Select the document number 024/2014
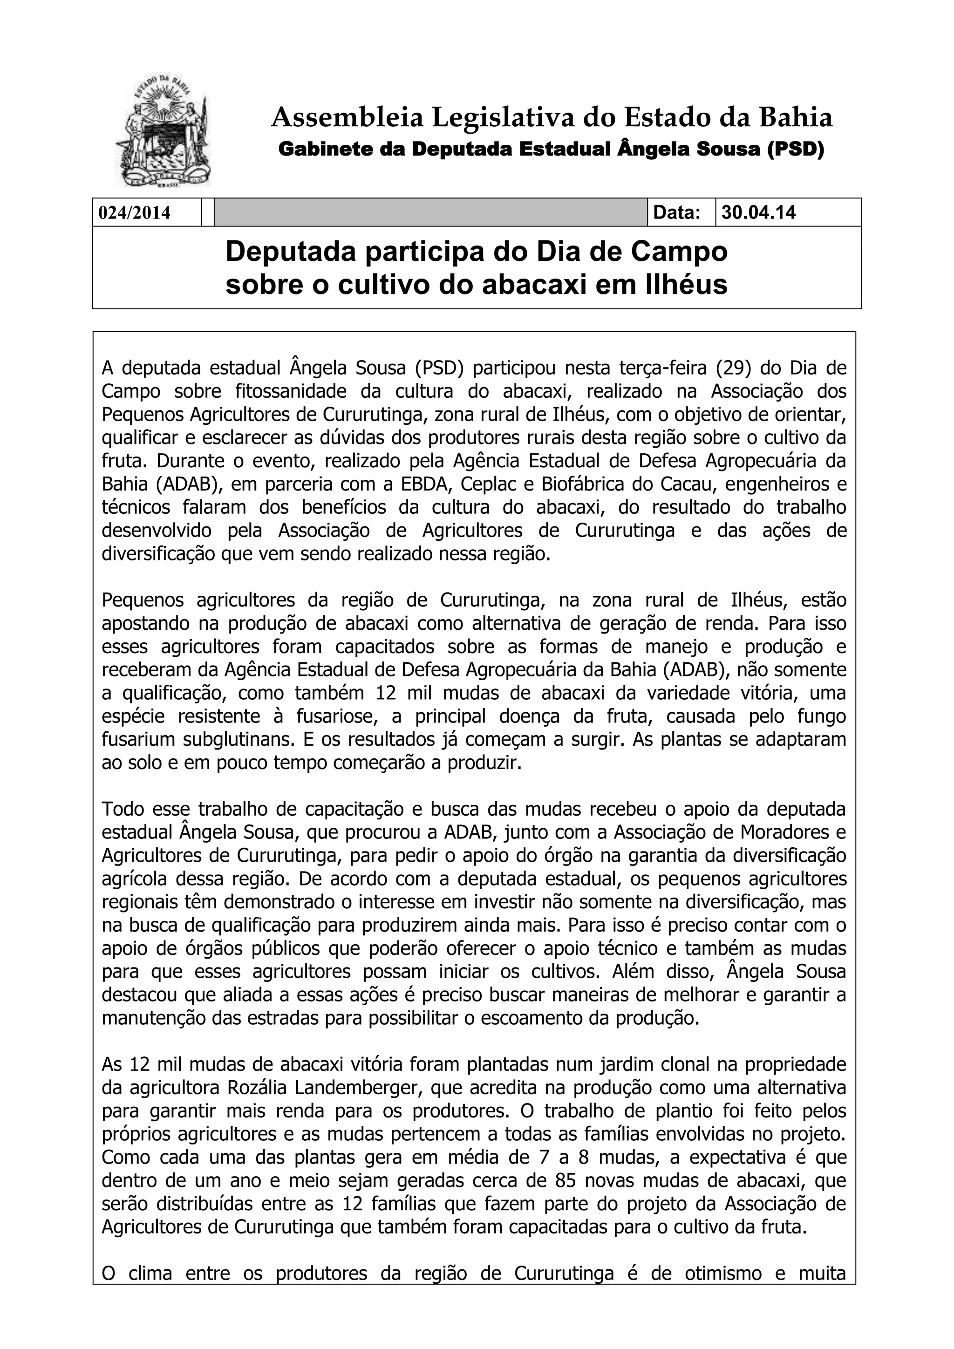click(x=134, y=213)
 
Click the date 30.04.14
click(x=758, y=212)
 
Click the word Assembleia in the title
click(x=347, y=118)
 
